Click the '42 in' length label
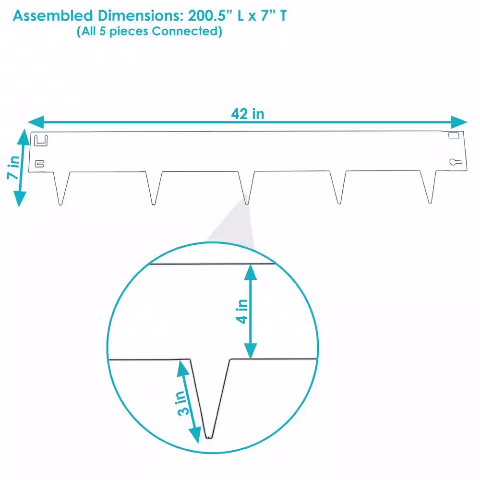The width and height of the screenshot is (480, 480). point(247,114)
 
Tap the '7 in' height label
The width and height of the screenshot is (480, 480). point(13,167)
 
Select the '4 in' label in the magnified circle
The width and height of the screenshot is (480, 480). point(242,312)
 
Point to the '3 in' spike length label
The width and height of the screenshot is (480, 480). point(183,404)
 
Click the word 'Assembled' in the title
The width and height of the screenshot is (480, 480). point(53,16)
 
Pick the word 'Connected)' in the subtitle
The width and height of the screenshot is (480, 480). point(187,31)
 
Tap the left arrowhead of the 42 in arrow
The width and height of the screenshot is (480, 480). point(36,122)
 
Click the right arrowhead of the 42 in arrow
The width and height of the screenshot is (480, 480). point(459,122)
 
